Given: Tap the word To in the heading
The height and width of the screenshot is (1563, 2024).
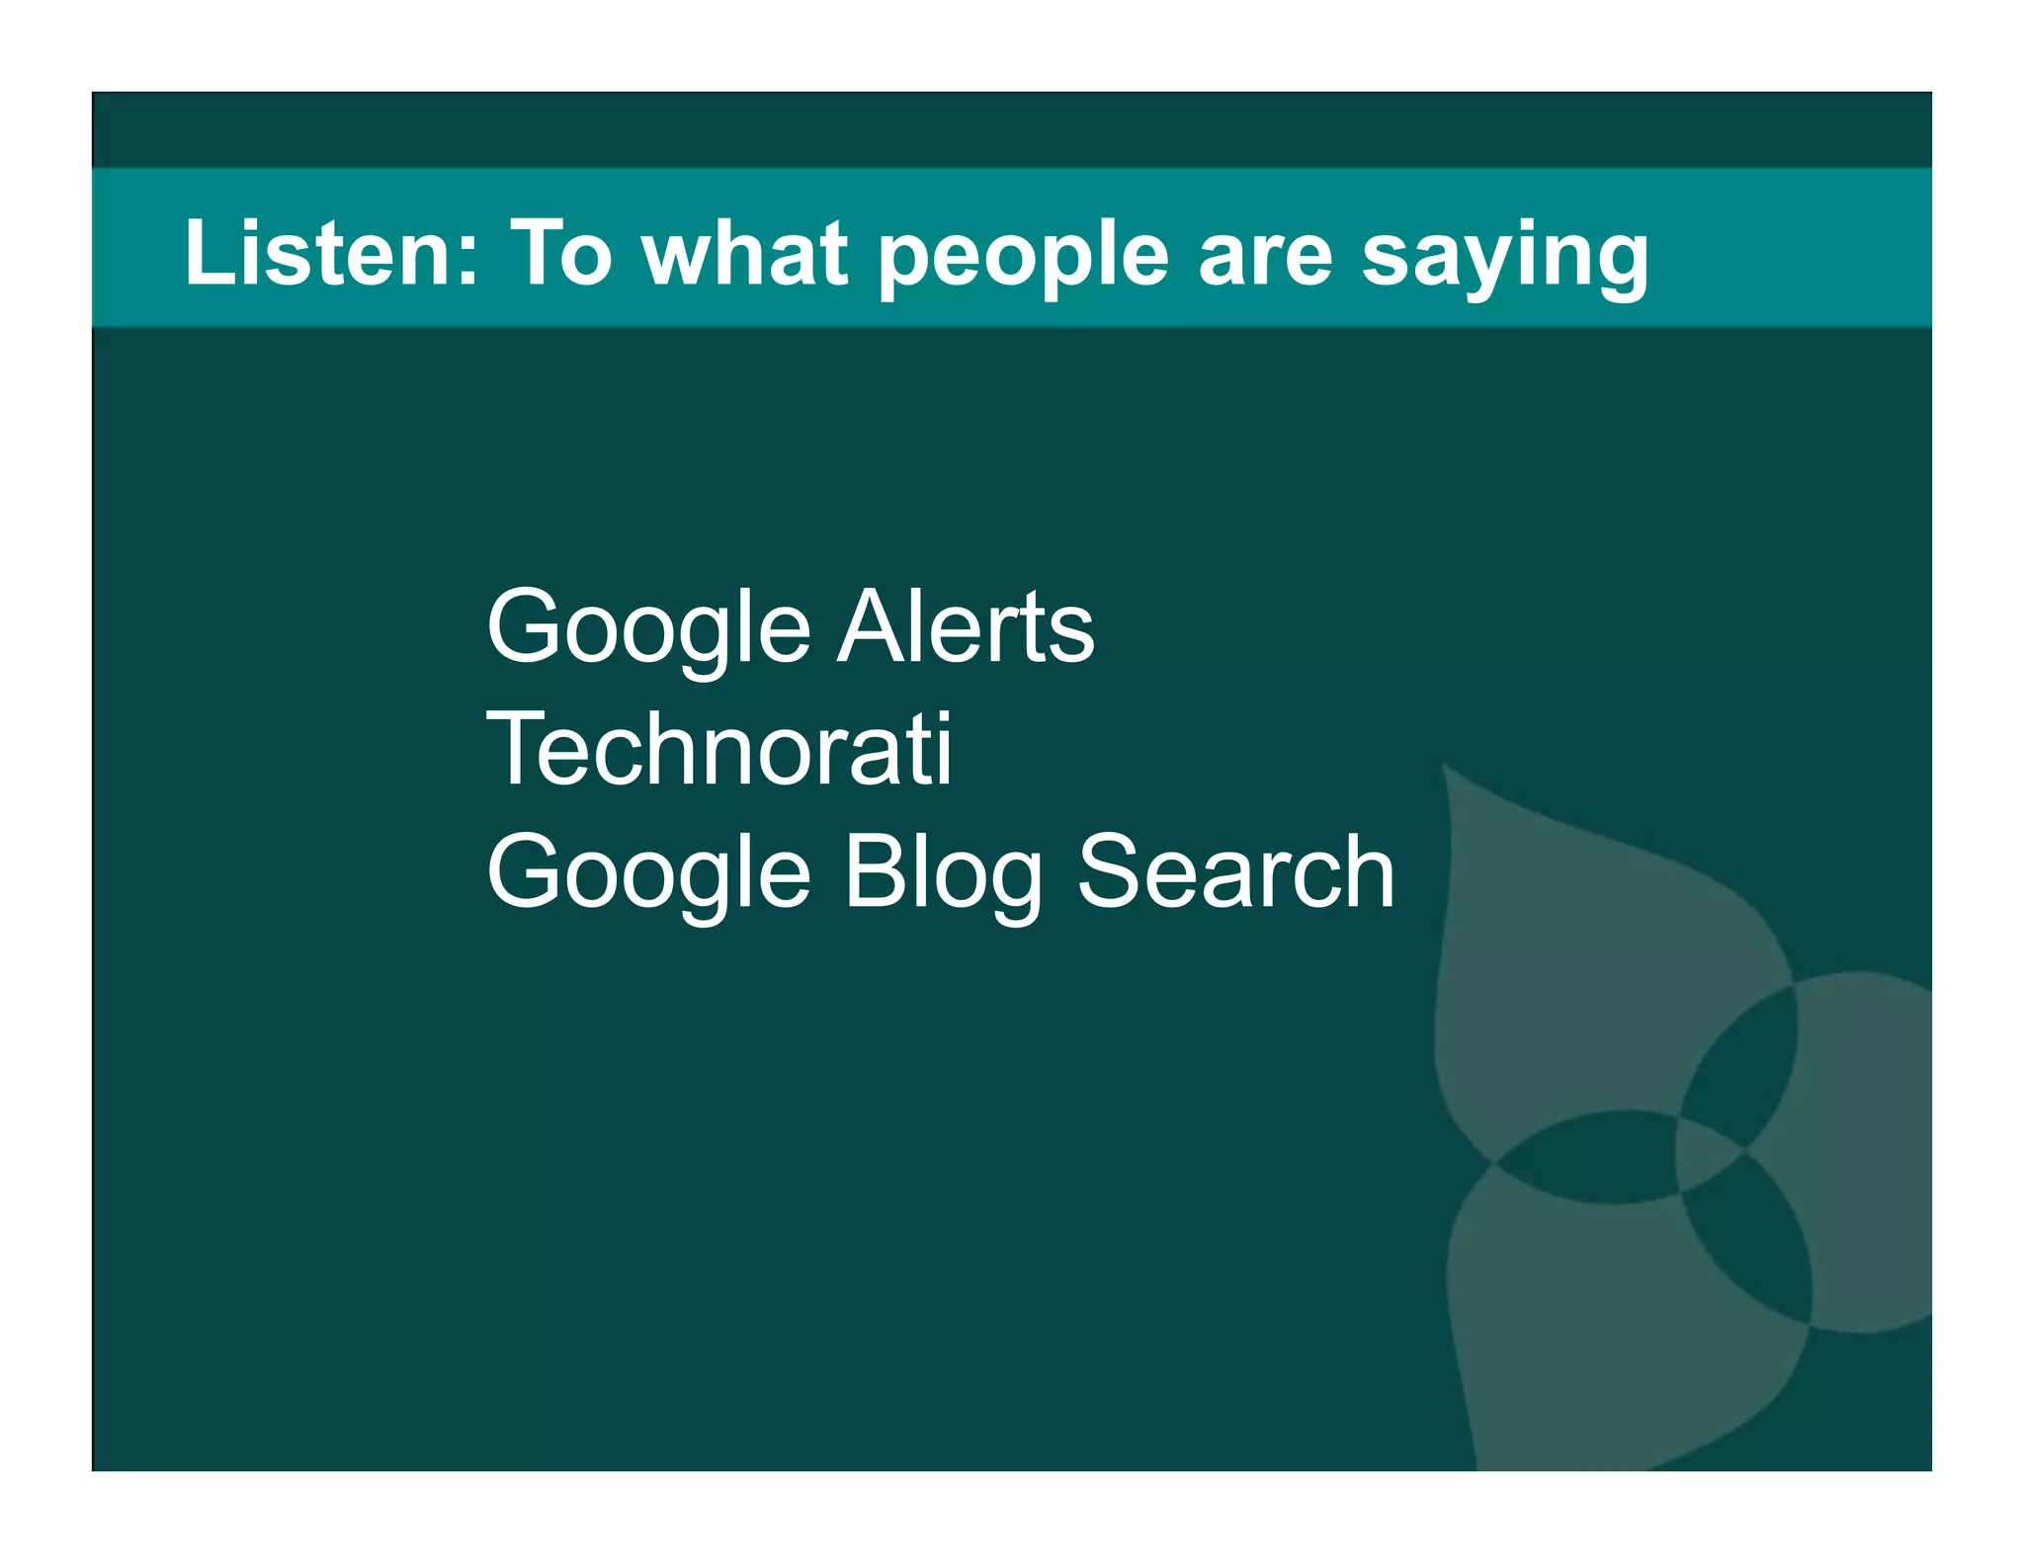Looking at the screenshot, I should click(560, 254).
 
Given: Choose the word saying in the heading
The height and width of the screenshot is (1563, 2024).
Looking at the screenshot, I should click(1504, 259).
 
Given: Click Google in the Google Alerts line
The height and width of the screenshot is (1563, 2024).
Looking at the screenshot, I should click(648, 629).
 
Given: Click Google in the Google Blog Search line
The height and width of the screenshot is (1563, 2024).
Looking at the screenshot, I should click(648, 874).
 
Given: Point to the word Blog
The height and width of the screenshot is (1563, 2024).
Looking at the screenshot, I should click(943, 874).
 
